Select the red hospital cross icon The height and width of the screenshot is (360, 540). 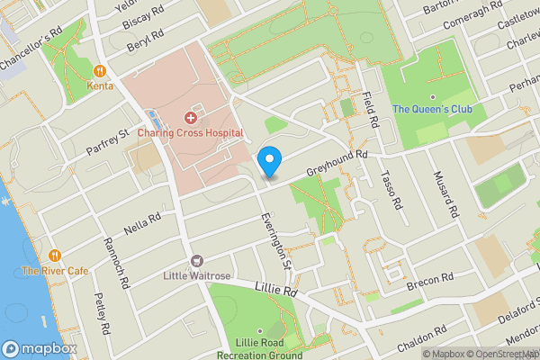pos(190,118)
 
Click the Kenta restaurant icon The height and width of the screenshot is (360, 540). pos(101,70)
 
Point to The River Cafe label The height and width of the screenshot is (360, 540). pos(55,270)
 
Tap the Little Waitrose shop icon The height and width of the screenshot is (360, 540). pos(196,261)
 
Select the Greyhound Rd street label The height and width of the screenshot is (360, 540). pos(338,162)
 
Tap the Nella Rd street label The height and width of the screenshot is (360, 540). pos(142,220)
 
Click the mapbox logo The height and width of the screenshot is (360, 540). pos(39,348)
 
